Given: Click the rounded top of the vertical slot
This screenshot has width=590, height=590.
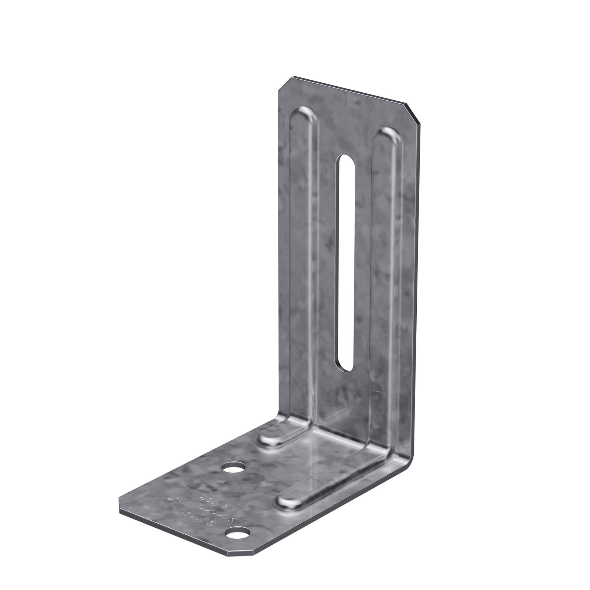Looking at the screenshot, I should click(346, 160).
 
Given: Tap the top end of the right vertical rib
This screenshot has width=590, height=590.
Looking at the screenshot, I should click(387, 136).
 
